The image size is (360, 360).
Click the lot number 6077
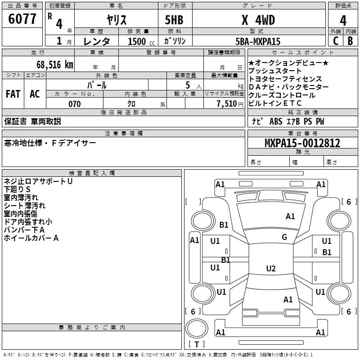pyautogui.click(x=22, y=19)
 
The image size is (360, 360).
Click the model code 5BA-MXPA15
pyautogui.click(x=258, y=41)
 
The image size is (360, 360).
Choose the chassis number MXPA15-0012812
pyautogui.click(x=302, y=144)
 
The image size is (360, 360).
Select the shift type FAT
pyautogui.click(x=13, y=94)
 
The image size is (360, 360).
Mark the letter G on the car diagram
pyautogui.click(x=284, y=237)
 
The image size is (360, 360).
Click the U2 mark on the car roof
pyautogui.click(x=270, y=269)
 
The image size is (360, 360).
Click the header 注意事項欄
pyautogui.click(x=123, y=133)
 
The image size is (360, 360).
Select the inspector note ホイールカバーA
pyautogui.click(x=31, y=238)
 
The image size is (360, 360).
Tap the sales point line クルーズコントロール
pyautogui.click(x=282, y=95)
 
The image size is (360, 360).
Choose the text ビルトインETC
pyautogui.click(x=274, y=103)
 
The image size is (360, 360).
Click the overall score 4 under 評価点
pyautogui.click(x=343, y=20)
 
